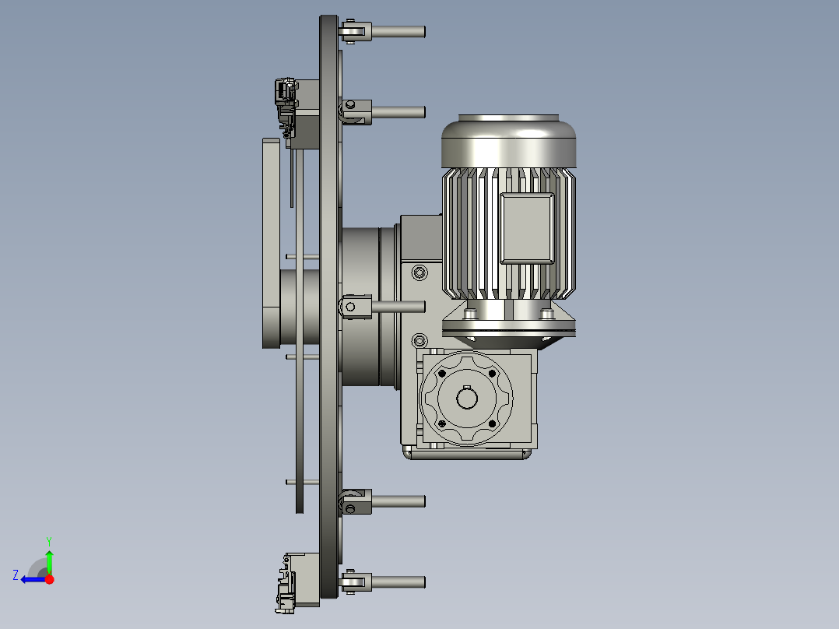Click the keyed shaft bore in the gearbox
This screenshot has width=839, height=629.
tap(467, 399)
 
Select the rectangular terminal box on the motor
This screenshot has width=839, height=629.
tap(527, 228)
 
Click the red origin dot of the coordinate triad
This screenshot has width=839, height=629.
tap(49, 579)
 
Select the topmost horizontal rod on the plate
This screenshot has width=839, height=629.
tap(398, 32)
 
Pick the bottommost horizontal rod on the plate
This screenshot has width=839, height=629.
tap(398, 582)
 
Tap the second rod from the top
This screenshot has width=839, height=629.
tap(398, 111)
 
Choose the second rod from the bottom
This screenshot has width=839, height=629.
tap(398, 501)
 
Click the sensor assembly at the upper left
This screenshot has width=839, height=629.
tap(286, 97)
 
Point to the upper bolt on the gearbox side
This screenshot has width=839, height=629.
tap(420, 272)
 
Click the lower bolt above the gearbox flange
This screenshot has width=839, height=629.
tap(420, 340)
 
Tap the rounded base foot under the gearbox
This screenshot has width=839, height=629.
tap(467, 454)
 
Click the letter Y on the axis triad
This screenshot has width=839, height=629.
tap(48, 540)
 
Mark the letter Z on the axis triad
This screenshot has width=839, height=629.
tap(16, 575)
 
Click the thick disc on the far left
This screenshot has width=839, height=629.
tap(271, 243)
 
